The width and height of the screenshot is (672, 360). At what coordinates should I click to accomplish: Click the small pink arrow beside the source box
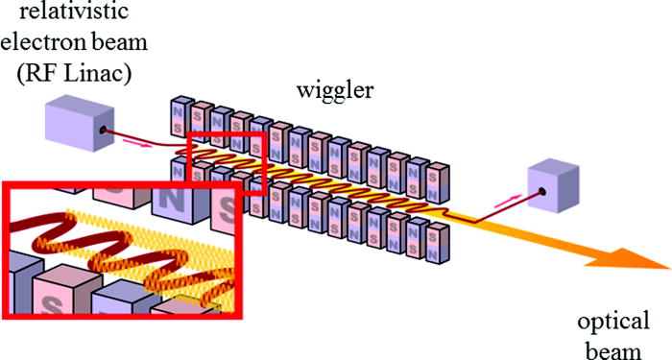[x=133, y=143]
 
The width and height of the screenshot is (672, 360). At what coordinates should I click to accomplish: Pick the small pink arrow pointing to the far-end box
[x=508, y=203]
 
